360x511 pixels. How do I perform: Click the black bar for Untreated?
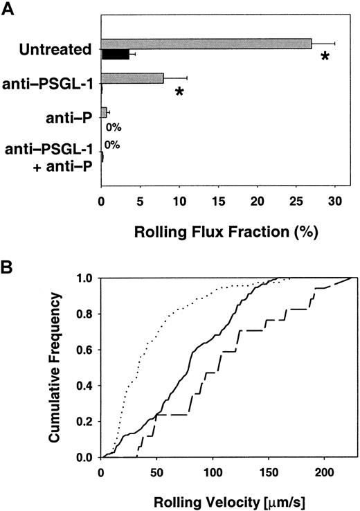point(115,54)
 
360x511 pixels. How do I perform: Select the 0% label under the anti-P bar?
point(114,127)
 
